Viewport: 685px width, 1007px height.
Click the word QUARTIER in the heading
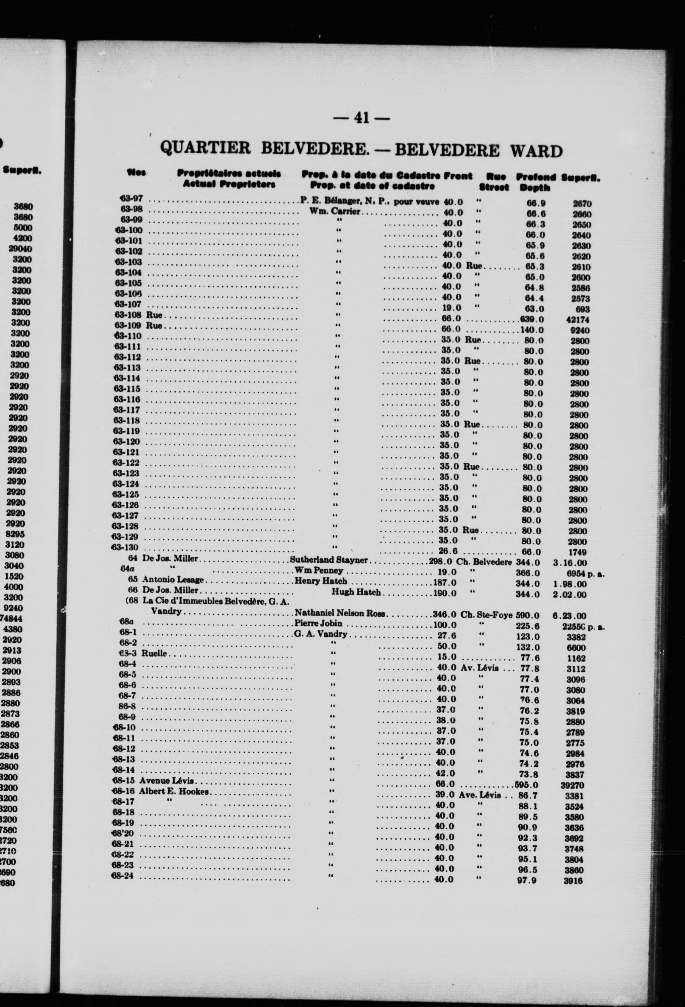pyautogui.click(x=205, y=149)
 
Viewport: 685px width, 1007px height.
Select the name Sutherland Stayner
pyautogui.click(x=329, y=560)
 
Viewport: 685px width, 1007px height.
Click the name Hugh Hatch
pyautogui.click(x=356, y=592)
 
